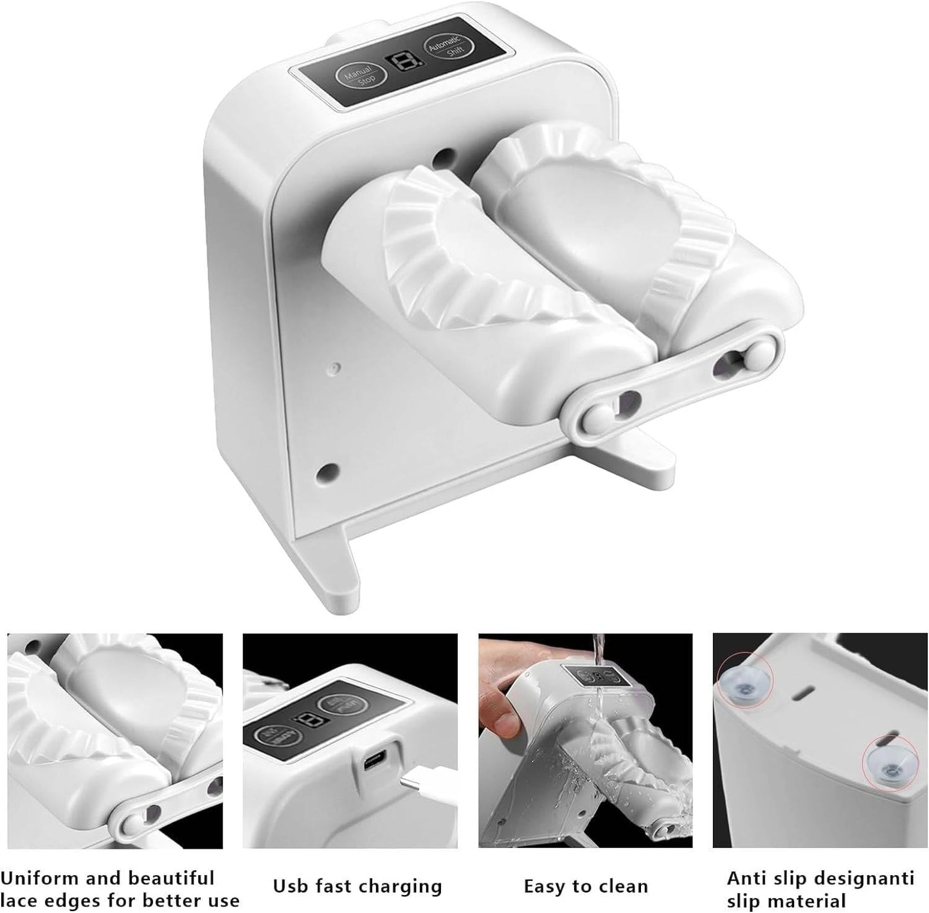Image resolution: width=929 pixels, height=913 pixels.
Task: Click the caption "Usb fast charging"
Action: (357, 887)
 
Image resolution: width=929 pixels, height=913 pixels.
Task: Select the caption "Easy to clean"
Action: (586, 887)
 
